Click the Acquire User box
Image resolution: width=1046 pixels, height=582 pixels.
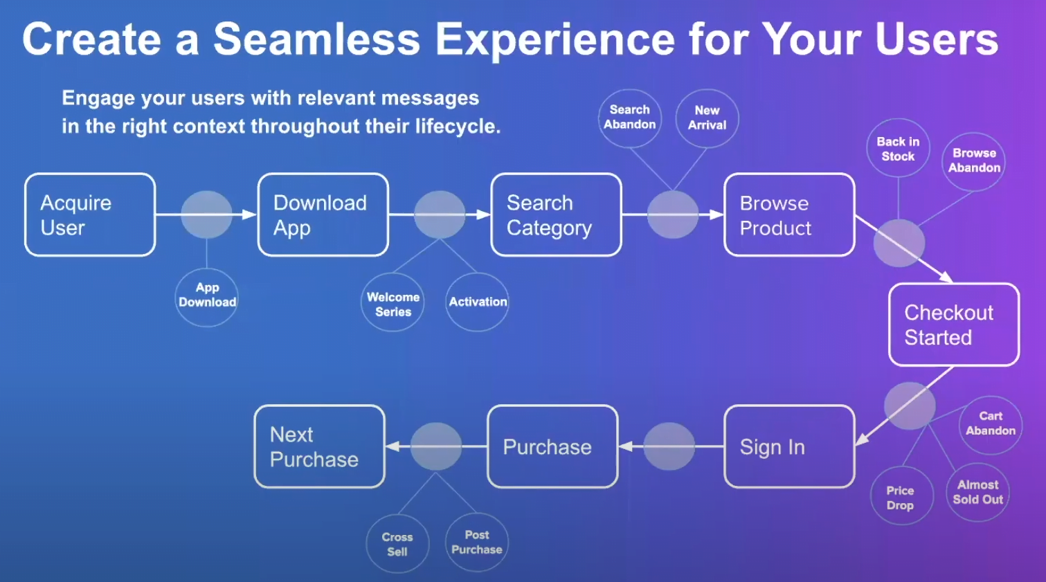pyautogui.click(x=90, y=215)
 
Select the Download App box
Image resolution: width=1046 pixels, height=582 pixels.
pyautogui.click(x=323, y=215)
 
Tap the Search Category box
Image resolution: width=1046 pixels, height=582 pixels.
pyautogui.click(x=556, y=215)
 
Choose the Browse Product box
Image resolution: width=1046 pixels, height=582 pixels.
pyautogui.click(x=789, y=215)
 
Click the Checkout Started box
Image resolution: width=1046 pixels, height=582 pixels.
pyautogui.click(x=953, y=325)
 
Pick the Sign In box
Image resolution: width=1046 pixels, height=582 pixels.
pyautogui.click(x=789, y=447)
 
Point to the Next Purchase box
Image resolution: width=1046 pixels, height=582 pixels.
pyautogui.click(x=319, y=447)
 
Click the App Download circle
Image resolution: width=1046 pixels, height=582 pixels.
pyautogui.click(x=207, y=296)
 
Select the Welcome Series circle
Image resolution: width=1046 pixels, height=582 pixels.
pyautogui.click(x=393, y=304)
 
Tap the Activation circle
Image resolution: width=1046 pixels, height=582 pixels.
pyautogui.click(x=478, y=302)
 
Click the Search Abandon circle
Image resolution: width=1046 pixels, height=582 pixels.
pyautogui.click(x=629, y=118)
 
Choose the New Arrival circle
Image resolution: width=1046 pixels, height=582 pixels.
pyautogui.click(x=707, y=118)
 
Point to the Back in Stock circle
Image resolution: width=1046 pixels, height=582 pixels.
pyautogui.click(x=898, y=149)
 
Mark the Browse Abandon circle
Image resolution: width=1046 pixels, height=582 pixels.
pyautogui.click(x=974, y=161)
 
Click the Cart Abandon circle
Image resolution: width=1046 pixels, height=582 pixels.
pyautogui.click(x=991, y=424)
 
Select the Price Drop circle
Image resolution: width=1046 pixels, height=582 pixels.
pyautogui.click(x=900, y=497)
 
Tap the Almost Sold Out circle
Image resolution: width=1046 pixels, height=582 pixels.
pyautogui.click(x=977, y=492)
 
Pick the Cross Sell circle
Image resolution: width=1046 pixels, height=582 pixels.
pyautogui.click(x=397, y=544)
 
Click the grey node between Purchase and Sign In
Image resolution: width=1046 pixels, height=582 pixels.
pyautogui.click(x=669, y=447)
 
